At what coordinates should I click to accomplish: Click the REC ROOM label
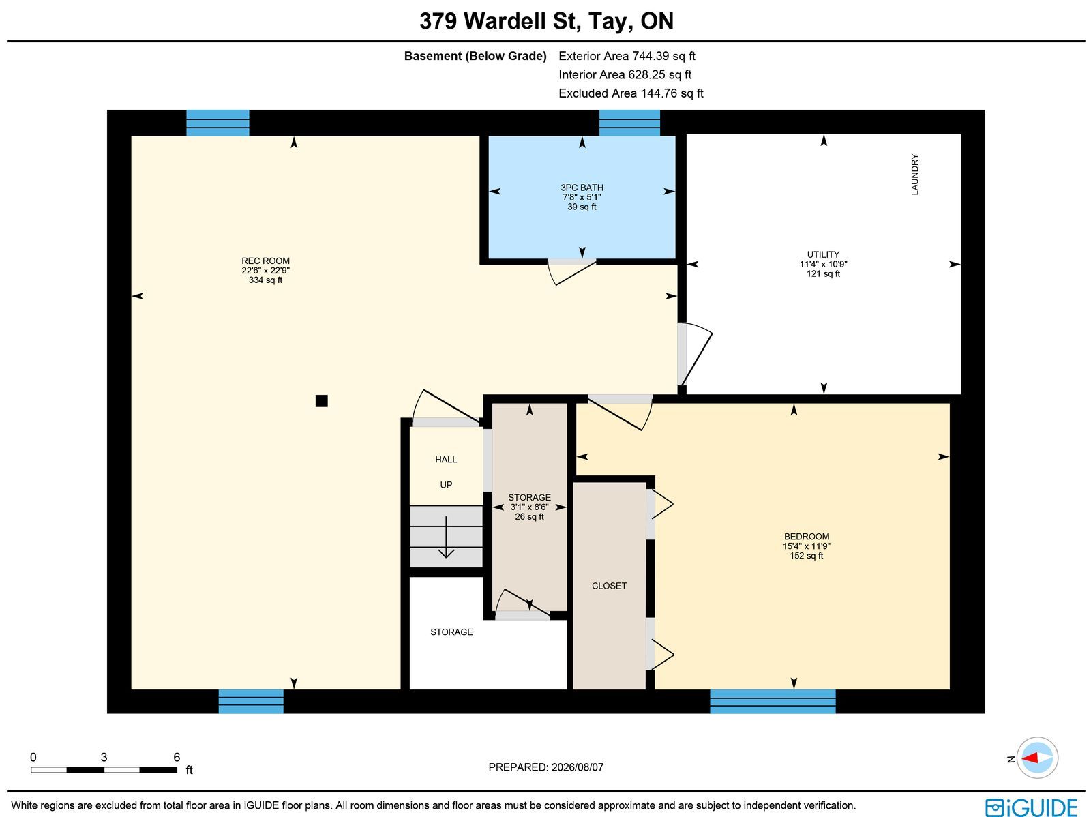265,261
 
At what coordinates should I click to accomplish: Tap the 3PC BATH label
582,188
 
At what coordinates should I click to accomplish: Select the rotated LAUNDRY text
914,175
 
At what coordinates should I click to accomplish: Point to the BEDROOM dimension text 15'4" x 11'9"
806,546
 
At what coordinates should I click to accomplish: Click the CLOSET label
609,586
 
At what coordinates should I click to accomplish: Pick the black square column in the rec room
322,400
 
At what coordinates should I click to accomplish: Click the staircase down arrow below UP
446,537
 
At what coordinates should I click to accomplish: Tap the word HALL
446,460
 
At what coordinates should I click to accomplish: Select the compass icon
1037,758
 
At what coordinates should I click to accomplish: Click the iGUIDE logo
1032,807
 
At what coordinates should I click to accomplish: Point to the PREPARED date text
545,767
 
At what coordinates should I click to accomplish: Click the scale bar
104,770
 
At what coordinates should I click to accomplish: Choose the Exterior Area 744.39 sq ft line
627,56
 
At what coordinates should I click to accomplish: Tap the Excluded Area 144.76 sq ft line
631,93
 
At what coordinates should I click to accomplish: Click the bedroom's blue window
773,701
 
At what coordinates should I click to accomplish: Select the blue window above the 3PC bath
629,123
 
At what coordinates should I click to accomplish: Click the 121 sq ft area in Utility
823,274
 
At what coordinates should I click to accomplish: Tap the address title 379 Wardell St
499,21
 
